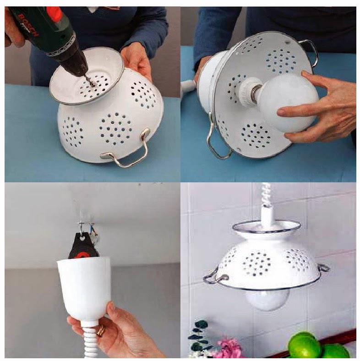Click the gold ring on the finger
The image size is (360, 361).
click(100, 330)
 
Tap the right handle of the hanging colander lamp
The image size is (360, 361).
click(322, 268)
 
